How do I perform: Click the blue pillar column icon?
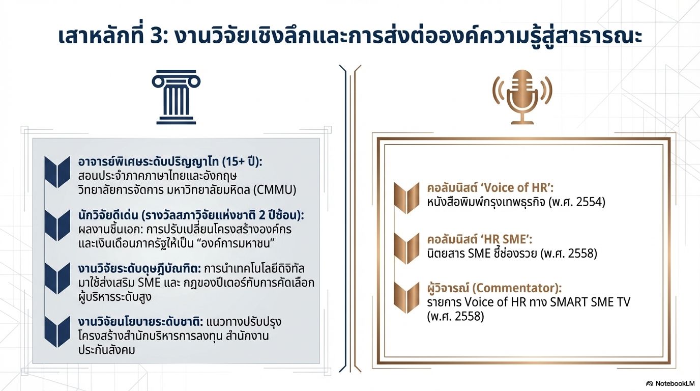176,97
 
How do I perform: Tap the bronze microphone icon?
522,97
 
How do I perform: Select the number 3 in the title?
156,37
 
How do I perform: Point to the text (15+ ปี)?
241,162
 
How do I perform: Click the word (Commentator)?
516,288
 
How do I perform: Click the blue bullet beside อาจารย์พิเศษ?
57,172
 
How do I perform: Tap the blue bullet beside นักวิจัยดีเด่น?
57,225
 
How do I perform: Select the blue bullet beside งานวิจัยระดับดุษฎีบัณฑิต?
57,278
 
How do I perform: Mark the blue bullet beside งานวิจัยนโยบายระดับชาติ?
57,331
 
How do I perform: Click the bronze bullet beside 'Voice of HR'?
406,198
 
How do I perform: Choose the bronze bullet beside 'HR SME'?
406,248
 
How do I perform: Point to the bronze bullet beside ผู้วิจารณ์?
406,297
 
